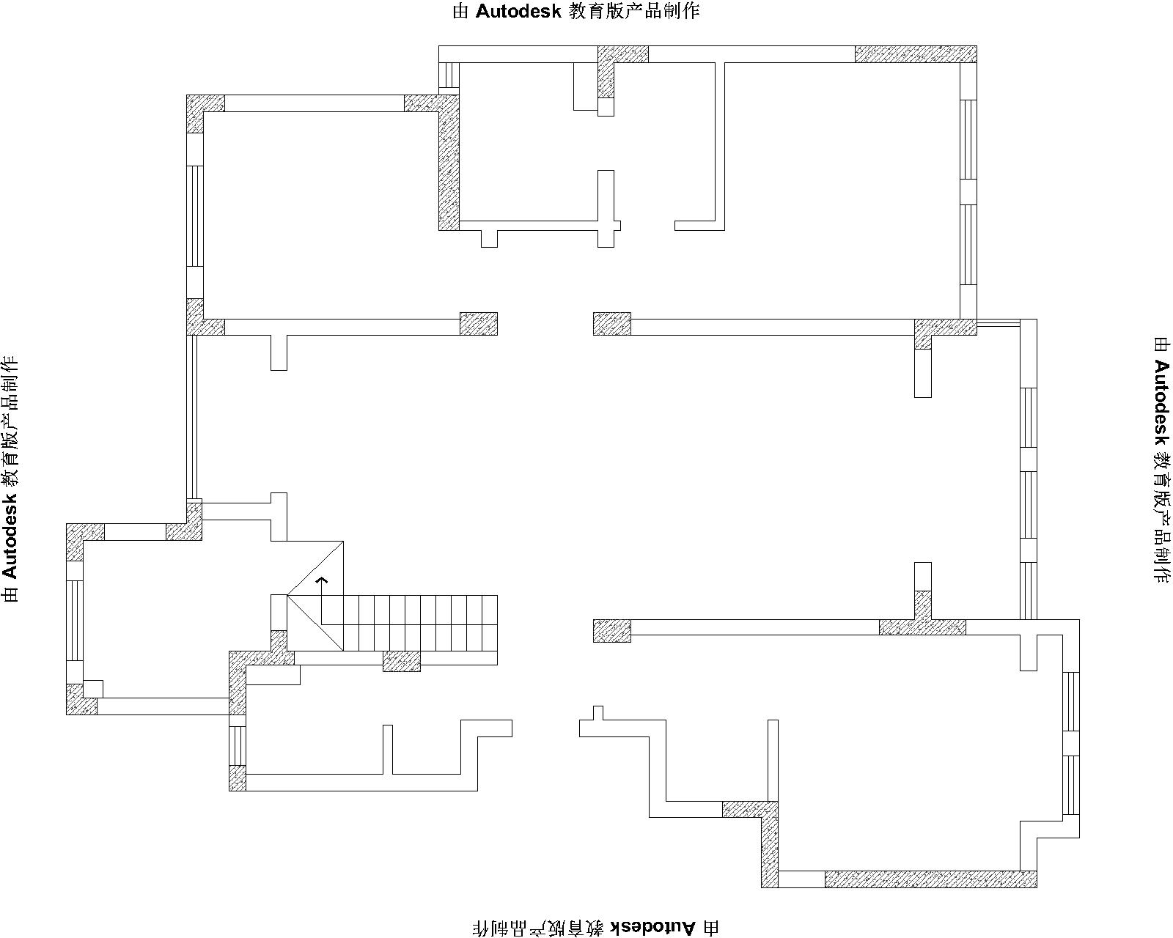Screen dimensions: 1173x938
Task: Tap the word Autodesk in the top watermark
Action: click(x=518, y=12)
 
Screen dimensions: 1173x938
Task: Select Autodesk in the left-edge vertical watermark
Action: click(x=10, y=536)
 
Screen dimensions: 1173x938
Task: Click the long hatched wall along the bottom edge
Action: click(x=930, y=879)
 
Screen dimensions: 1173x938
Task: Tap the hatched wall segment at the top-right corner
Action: click(x=916, y=54)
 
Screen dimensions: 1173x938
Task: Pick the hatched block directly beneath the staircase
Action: click(x=402, y=661)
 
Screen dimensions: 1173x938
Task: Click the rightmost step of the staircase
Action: click(x=490, y=623)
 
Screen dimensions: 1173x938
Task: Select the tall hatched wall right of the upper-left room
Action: click(x=449, y=163)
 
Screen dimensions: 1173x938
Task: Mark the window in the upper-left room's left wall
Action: click(x=195, y=216)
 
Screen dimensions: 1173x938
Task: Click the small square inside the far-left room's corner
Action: click(x=92, y=689)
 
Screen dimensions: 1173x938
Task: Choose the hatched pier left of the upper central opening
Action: click(x=479, y=324)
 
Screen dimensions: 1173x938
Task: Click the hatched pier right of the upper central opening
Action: click(x=612, y=324)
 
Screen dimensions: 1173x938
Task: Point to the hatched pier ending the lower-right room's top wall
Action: click(x=612, y=631)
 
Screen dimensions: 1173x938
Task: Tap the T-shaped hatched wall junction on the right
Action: click(x=922, y=621)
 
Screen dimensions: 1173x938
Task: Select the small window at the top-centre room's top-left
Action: click(x=449, y=75)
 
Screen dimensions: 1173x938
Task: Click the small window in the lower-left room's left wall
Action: click(x=237, y=746)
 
